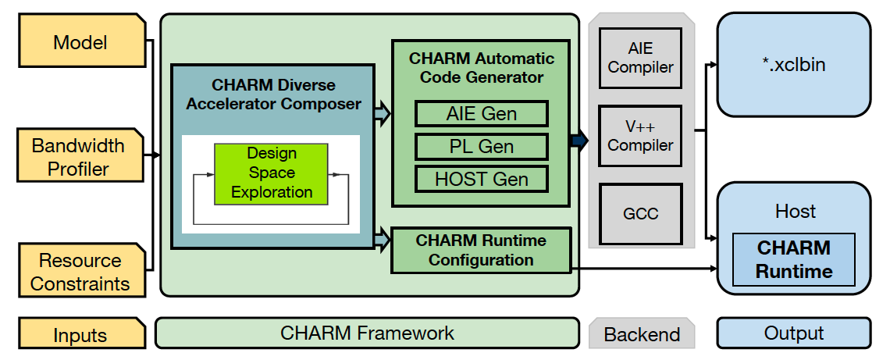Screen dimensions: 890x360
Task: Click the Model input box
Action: (82, 41)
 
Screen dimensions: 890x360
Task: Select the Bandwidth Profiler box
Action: (80, 155)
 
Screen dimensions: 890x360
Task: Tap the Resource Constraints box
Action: (82, 271)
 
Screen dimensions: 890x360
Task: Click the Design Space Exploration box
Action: (272, 173)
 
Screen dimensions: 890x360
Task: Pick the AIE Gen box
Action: (482, 113)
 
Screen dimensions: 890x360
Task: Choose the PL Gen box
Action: (482, 147)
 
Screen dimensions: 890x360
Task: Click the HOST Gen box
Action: (482, 179)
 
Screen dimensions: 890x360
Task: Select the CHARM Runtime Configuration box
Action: (481, 251)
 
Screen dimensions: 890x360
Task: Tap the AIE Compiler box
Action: (640, 57)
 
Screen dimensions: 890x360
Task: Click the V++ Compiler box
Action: (640, 136)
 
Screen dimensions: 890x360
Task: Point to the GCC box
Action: (640, 213)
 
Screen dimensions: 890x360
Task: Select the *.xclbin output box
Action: (793, 65)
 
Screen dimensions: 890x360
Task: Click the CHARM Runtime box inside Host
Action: (793, 259)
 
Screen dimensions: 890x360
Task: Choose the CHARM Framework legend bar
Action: (367, 332)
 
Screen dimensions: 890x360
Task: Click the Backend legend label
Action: (642, 333)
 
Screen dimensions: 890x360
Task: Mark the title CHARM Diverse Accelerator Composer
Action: (273, 94)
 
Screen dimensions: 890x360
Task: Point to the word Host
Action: (795, 211)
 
